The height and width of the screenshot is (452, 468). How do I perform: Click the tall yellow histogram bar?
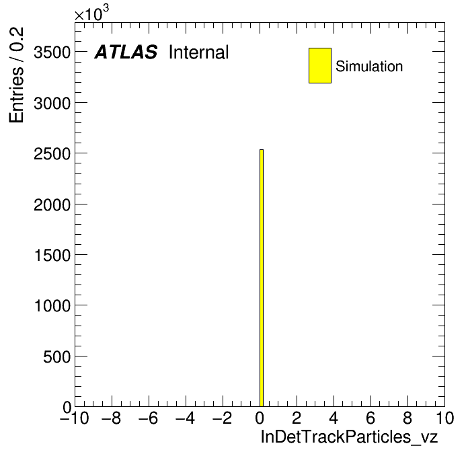[x=262, y=278]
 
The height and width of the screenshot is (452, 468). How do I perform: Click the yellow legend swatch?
[x=320, y=65]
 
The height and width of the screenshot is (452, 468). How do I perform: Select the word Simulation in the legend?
[x=369, y=67]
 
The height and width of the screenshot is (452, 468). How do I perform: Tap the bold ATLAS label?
[x=126, y=52]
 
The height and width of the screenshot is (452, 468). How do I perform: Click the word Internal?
[x=199, y=52]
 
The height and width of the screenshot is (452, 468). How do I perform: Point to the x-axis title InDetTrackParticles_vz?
[x=349, y=437]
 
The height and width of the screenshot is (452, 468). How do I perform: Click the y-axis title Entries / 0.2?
[x=16, y=75]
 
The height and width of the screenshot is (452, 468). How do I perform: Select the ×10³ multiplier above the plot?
[x=91, y=13]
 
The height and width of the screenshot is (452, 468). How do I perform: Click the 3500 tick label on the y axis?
[x=52, y=53]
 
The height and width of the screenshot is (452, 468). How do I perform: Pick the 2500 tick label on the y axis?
[x=52, y=154]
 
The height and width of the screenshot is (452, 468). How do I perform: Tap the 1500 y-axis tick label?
[x=52, y=256]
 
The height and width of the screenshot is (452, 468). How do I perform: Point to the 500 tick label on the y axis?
[x=57, y=357]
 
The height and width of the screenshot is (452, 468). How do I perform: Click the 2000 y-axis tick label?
[x=52, y=205]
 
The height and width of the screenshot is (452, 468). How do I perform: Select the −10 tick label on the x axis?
[x=75, y=418]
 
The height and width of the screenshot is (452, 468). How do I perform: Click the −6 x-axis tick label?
[x=149, y=418]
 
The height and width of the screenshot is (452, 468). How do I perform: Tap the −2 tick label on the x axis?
[x=223, y=418]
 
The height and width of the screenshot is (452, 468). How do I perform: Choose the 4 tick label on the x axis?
[x=334, y=418]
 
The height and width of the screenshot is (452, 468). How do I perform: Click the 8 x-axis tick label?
[x=407, y=418]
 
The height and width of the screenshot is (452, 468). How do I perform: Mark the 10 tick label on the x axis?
[x=444, y=418]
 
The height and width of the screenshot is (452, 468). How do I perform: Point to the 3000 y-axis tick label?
[x=52, y=104]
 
